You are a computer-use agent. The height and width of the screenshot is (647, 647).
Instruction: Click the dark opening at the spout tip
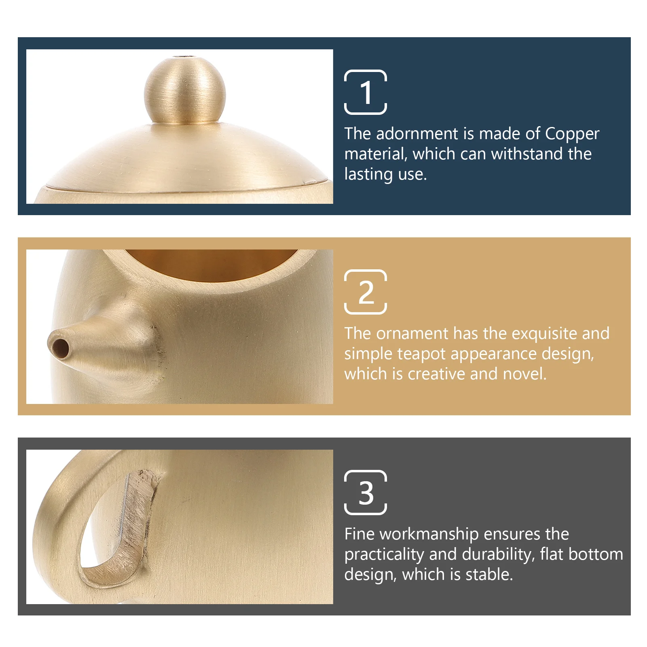tap(60, 348)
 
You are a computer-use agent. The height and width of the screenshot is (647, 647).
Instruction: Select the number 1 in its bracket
tap(366, 92)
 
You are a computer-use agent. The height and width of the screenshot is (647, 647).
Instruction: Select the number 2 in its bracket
tap(366, 292)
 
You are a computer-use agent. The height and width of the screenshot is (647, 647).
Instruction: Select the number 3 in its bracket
tap(366, 493)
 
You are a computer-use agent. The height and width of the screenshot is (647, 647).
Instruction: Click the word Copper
tap(572, 134)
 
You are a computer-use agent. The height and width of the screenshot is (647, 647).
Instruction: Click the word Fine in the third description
tap(359, 534)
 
